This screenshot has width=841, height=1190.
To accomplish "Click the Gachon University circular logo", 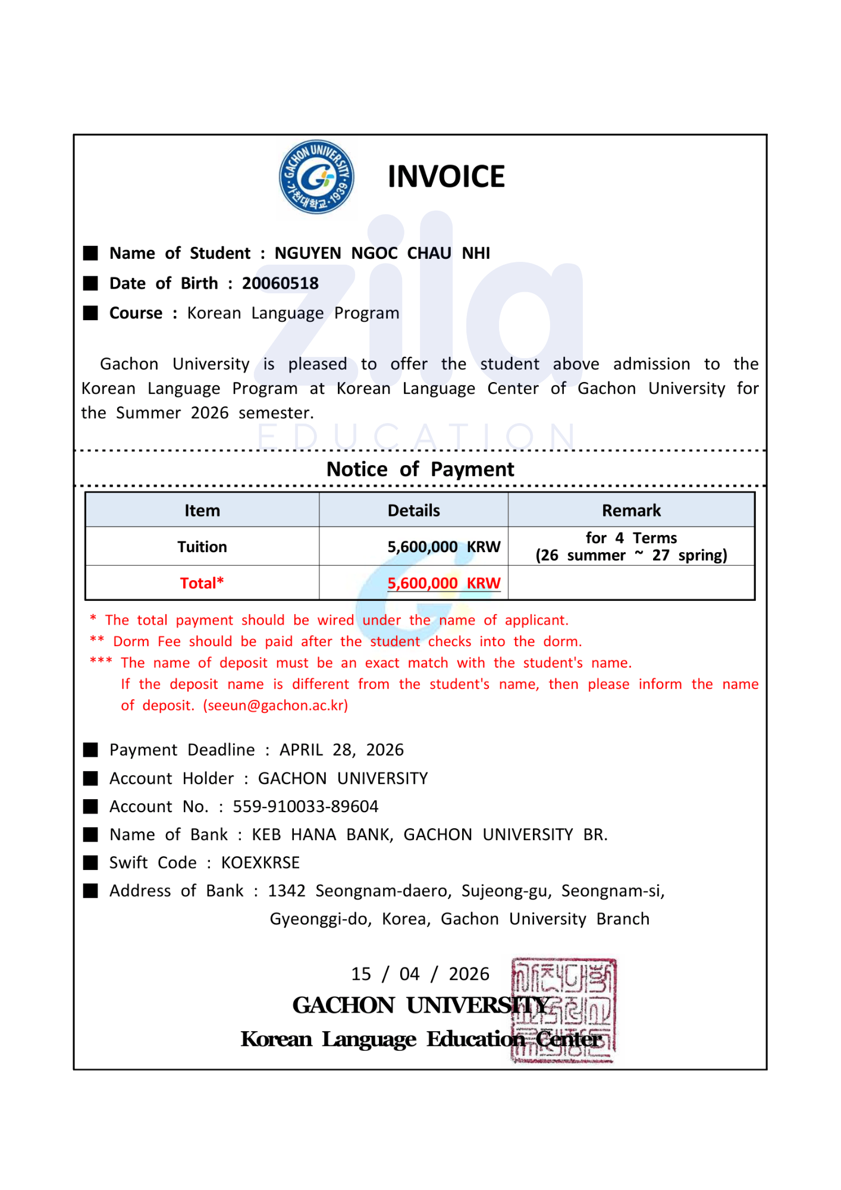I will pos(316,177).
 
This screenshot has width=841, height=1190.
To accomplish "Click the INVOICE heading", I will pos(446,177).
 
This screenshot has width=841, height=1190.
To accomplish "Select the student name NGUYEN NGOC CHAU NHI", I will pos(382,253).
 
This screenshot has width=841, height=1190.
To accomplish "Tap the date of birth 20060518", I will pos(280,283).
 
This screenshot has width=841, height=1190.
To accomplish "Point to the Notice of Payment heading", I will pos(420,469).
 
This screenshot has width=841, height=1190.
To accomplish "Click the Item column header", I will pos(202,511).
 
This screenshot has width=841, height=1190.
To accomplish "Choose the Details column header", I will pos(413,511).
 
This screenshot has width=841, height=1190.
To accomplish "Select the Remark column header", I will pos(631,511).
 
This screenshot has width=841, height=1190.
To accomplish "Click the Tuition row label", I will pos(202,547).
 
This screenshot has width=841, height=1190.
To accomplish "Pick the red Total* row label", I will pos(202,583).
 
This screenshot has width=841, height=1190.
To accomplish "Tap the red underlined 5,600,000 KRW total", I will pos(444,583).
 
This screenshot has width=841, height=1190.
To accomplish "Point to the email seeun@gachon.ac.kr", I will pos(275,706).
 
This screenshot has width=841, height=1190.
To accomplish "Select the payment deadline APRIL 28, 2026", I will pos(341,750).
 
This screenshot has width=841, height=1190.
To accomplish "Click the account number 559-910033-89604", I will pos(306,806).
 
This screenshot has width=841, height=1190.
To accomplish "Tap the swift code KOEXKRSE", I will pos(261,863).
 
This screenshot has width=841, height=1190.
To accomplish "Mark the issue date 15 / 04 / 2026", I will pos(420,974).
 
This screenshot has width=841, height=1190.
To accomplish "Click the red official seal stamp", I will pos(563,1010).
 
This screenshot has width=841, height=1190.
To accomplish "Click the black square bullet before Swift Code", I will pos(90,863).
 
